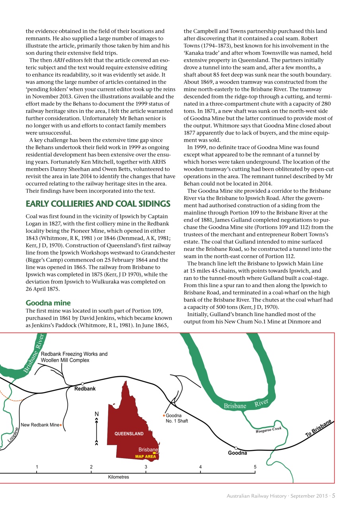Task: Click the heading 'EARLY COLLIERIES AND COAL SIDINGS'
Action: [x=98, y=204]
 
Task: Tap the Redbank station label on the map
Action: [x=85, y=389]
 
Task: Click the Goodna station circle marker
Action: [x=236, y=448]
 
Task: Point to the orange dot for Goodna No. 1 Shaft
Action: [x=164, y=416]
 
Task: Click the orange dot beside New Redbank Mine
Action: [x=60, y=425]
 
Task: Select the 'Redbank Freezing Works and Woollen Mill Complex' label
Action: [x=74, y=357]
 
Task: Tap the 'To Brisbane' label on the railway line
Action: [x=319, y=429]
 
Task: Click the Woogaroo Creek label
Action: [x=269, y=429]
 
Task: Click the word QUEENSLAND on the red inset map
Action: [x=129, y=433]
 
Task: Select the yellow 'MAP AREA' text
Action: [x=146, y=457]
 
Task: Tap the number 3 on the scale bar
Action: [x=146, y=467]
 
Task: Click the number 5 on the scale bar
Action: [x=255, y=467]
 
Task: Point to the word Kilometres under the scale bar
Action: [x=119, y=477]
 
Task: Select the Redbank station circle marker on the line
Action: [x=82, y=384]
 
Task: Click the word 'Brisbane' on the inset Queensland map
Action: [x=148, y=450]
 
